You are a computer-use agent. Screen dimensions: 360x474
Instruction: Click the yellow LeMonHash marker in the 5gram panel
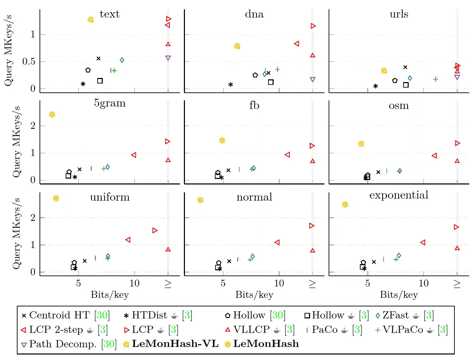click(52, 114)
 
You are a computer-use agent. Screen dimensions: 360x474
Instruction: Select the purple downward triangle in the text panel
click(168, 58)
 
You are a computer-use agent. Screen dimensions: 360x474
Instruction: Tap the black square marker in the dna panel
click(271, 82)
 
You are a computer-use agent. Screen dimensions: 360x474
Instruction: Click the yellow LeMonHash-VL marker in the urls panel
click(384, 70)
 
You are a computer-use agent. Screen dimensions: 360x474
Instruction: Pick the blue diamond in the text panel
click(122, 60)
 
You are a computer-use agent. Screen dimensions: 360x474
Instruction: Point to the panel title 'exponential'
click(399, 195)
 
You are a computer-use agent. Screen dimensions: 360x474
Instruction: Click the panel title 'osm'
click(399, 105)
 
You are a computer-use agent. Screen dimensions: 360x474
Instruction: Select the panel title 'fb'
click(254, 105)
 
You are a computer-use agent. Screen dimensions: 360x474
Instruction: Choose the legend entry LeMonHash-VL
click(175, 344)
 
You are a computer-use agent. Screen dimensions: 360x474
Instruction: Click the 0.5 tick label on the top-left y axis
click(29, 61)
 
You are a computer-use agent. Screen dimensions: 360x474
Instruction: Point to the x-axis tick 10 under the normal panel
click(279, 283)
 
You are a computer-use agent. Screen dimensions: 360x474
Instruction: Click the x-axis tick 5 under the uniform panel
click(78, 283)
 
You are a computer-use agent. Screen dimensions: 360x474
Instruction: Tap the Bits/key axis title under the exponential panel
click(399, 295)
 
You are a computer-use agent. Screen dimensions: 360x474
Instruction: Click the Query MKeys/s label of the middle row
click(16, 142)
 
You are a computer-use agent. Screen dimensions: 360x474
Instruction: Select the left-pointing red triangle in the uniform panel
click(128, 239)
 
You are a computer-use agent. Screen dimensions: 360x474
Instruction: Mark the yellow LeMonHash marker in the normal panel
click(200, 200)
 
